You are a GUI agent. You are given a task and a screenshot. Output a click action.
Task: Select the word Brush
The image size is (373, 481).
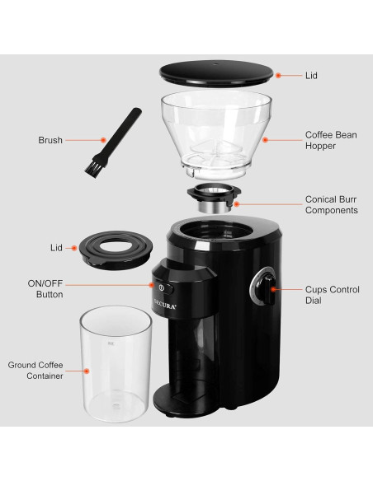point(50,140)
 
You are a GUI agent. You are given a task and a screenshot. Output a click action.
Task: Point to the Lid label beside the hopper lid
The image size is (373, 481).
point(312,75)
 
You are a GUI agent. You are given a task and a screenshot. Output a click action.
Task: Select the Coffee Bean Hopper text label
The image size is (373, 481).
point(331,140)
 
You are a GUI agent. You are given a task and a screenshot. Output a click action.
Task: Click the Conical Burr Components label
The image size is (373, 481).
point(331,203)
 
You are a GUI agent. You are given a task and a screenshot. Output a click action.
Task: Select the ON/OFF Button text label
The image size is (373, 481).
point(45,288)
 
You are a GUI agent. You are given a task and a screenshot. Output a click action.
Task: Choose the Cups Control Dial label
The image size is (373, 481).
point(331,295)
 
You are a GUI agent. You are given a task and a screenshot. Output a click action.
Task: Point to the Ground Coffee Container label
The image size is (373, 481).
point(36,370)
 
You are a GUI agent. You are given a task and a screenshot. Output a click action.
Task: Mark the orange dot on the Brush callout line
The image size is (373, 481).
point(103,140)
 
